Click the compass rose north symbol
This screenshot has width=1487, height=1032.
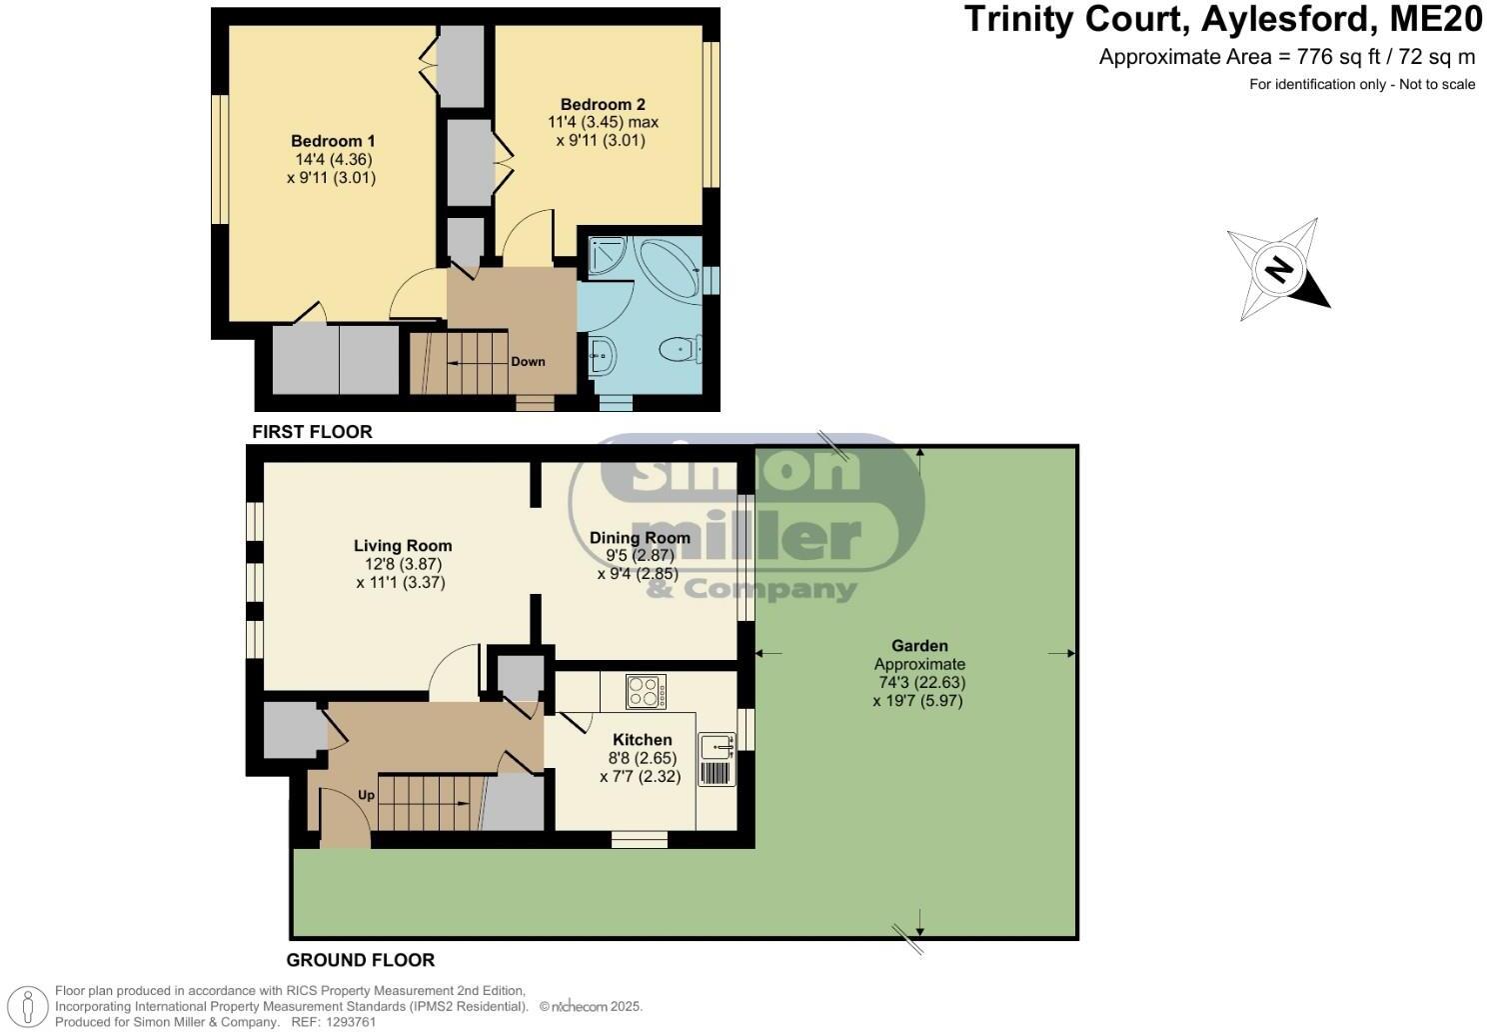coord(1278,269)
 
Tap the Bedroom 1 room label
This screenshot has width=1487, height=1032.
coord(333,141)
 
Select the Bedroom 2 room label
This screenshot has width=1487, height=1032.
coord(603,104)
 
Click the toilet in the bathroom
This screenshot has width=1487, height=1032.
coord(680,349)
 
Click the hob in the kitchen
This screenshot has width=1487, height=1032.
coord(646,691)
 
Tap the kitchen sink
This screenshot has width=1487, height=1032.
coord(717,745)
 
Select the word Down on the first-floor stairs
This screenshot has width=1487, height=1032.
coord(528,361)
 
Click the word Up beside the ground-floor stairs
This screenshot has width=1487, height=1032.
coord(366,795)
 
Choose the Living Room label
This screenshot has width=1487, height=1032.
coord(403,546)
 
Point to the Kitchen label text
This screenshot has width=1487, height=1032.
coord(642,740)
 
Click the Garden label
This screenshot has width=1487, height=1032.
coord(919,646)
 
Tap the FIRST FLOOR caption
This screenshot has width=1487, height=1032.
coord(312,432)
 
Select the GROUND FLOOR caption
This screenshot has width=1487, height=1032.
coord(361,960)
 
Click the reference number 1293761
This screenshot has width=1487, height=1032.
coord(349,1022)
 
